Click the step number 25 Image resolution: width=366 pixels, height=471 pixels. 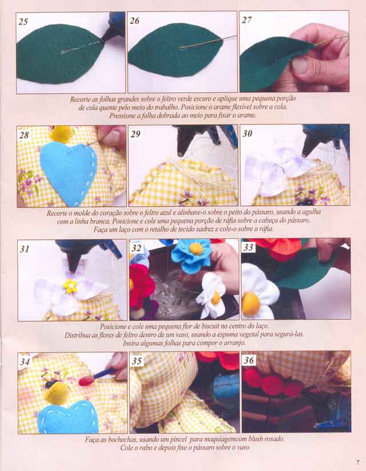point(23,22)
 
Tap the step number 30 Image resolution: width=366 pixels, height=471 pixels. point(248,133)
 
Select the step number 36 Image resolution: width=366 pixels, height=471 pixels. point(249,360)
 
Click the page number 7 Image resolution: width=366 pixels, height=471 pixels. point(358,462)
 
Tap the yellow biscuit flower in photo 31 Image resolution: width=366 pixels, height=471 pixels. point(70,286)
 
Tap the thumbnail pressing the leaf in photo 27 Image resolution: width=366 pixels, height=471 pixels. point(301,65)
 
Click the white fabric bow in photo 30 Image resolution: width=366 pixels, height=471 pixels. point(276,170)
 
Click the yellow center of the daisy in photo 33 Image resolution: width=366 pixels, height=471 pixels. point(250,303)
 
